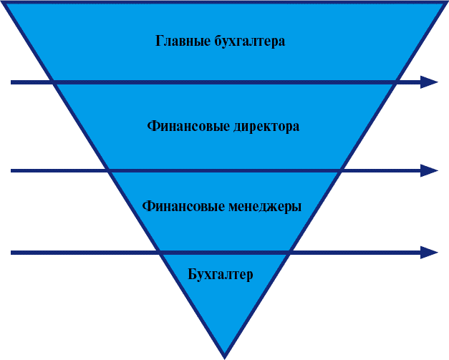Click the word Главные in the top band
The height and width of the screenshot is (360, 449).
(x=183, y=41)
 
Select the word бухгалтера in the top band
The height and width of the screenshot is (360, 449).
(x=250, y=41)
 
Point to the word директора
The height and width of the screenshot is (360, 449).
(x=266, y=127)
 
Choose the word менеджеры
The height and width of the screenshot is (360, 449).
(x=265, y=207)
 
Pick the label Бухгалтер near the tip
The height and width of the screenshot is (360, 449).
(x=221, y=274)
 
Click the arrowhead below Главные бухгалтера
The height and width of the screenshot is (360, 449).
(x=429, y=82)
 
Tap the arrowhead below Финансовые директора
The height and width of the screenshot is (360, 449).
(x=429, y=170)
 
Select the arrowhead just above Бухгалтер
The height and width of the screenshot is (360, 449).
(x=429, y=253)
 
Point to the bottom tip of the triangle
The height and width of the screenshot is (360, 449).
(x=225, y=358)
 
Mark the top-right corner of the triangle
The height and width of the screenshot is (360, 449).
(x=447, y=1)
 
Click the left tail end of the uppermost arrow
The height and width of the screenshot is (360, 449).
(x=11, y=82)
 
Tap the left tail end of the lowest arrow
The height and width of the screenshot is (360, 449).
(x=11, y=253)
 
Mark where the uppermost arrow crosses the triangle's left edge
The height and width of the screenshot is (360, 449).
(x=53, y=82)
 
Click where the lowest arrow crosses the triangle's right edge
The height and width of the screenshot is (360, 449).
(x=289, y=253)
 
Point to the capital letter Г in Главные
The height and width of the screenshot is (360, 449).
(x=160, y=41)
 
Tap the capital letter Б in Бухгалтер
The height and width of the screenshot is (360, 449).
(x=192, y=274)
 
